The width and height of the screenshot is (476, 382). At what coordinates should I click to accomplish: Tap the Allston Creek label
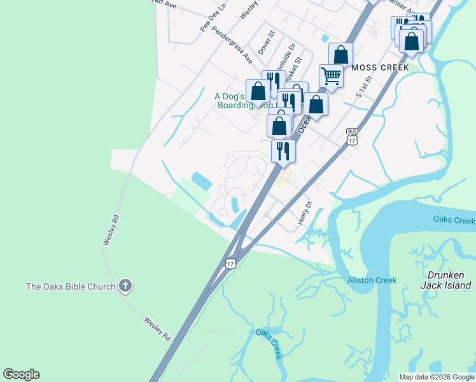(x=372, y=280)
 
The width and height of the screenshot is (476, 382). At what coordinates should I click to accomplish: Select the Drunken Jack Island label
(x=446, y=280)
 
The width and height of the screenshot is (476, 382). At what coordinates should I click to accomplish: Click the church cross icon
(x=125, y=286)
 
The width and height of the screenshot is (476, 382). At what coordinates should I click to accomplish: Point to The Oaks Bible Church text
(x=71, y=286)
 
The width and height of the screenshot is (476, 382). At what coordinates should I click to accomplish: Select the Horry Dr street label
(x=305, y=213)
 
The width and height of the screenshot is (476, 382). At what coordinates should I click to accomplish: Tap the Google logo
(x=21, y=374)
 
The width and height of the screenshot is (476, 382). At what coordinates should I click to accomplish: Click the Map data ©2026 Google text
(x=437, y=377)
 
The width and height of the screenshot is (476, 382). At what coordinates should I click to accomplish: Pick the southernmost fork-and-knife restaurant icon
(x=283, y=151)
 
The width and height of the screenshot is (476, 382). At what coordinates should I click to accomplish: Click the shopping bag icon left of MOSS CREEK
(x=340, y=54)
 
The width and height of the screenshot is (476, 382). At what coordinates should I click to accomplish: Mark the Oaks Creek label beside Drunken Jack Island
(x=454, y=220)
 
